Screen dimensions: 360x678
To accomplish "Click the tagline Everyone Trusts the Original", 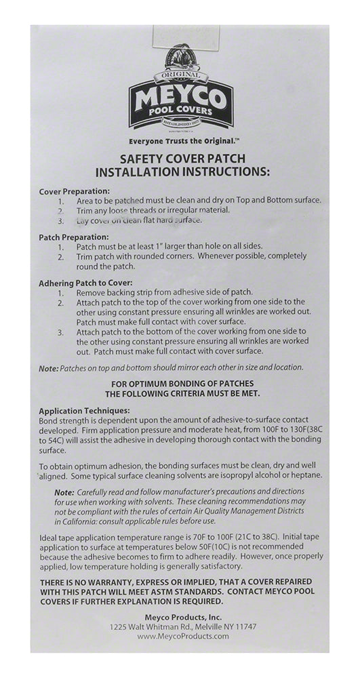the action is [181, 142].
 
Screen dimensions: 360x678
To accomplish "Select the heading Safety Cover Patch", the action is [181, 157].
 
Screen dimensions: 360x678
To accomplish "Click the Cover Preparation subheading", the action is [75, 191].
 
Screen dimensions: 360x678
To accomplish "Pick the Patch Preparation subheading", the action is [73, 237].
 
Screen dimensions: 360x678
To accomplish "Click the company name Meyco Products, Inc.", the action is [181, 617].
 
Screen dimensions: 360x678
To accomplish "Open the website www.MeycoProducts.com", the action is [181, 637].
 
